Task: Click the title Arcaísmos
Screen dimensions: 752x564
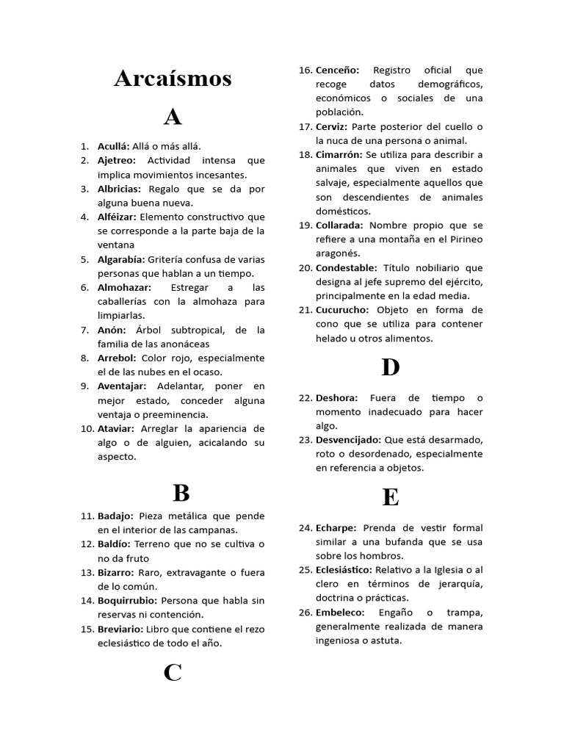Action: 173,78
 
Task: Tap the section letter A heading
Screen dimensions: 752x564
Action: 173,117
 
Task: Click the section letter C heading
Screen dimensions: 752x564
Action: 173,672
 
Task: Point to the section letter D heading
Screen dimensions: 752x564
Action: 390,367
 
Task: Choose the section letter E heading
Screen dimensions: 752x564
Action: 390,497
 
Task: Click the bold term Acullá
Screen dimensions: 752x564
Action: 113,146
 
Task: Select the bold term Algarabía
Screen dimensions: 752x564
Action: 121,259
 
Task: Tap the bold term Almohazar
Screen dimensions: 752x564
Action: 124,287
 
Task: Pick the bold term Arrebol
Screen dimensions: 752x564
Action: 117,358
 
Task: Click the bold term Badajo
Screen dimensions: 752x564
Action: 115,516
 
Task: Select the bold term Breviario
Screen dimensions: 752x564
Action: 120,629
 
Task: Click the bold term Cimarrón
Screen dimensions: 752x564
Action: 339,154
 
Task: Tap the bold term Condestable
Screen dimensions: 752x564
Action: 346,267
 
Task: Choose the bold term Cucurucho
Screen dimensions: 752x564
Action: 342,310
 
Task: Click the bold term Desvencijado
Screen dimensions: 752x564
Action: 348,439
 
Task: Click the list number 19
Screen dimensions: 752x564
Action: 305,225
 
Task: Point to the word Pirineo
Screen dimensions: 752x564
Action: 465,239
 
